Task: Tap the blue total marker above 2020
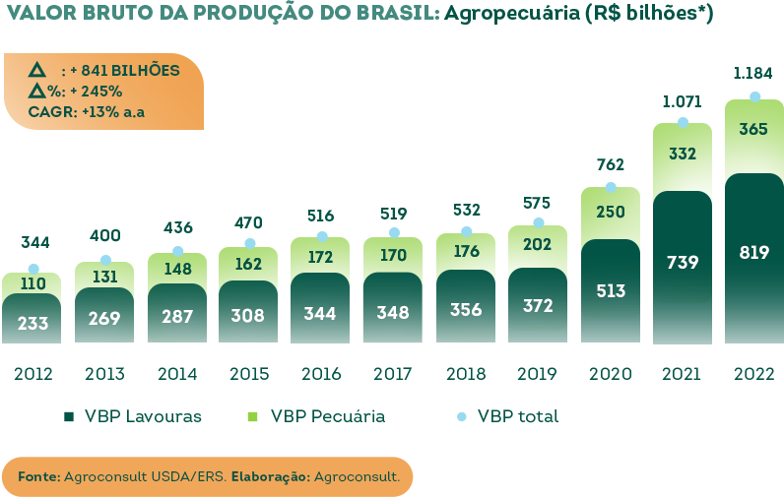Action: point(611,187)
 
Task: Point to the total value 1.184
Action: point(754,73)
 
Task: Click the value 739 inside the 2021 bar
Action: point(682,262)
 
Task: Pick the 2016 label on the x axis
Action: point(321,374)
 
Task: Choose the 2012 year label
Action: point(33,374)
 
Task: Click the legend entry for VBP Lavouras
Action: point(133,416)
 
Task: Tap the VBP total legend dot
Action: point(461,416)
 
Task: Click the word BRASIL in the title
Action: point(394,14)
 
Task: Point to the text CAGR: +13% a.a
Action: point(87,111)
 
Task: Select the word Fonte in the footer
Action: point(37,476)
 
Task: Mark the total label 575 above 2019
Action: point(539,203)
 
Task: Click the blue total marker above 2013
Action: point(105,260)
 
